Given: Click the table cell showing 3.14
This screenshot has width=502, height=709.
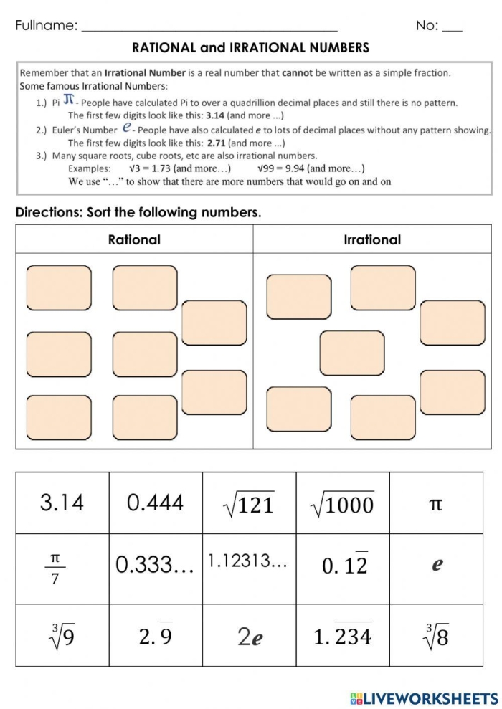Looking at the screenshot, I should coord(62,503).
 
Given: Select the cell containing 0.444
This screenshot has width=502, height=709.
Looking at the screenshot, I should coord(155,503).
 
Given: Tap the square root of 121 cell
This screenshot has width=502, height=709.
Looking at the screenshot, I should coord(249,504).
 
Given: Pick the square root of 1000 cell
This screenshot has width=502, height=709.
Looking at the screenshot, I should coord(342,504).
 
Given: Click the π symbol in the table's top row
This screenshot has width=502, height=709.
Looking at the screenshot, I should coord(435,504).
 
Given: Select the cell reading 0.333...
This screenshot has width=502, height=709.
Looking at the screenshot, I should coord(155,566).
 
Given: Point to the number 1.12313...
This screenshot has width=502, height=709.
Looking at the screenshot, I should coord(248,562).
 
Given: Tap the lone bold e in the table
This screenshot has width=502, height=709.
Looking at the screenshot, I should coord(436,565).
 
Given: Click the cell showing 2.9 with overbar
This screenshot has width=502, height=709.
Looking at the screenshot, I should coord(155,634).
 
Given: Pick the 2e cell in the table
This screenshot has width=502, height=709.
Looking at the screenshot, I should coord(249,636).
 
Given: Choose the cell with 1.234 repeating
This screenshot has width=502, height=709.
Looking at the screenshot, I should coord(343,634).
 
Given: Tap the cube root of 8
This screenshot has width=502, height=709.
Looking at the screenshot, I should coord(436,634).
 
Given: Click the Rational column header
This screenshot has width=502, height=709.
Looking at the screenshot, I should coord(134,239).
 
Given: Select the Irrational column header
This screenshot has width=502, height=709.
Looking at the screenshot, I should coord(372,239).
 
